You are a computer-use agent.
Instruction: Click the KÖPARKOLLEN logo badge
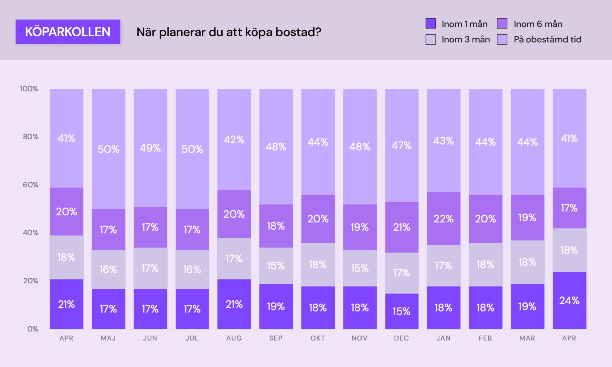[x=68, y=32]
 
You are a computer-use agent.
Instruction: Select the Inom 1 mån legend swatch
[x=431, y=24]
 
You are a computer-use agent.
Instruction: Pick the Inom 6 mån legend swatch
[x=502, y=24]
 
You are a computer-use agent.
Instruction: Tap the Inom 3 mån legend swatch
[x=431, y=39]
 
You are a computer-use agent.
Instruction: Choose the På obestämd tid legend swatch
[x=502, y=39]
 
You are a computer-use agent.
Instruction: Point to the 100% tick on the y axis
[x=29, y=89]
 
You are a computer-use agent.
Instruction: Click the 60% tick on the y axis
[x=30, y=185]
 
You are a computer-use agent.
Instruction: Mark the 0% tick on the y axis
[x=33, y=329]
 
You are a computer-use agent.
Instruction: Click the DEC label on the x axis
[x=401, y=338]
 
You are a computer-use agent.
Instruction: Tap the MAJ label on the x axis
[x=108, y=338]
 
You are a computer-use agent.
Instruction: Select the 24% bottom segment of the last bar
[x=569, y=300]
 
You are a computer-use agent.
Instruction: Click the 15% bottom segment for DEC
[x=401, y=311]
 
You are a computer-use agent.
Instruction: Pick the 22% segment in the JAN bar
[x=443, y=219]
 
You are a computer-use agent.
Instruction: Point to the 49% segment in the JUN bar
[x=150, y=148]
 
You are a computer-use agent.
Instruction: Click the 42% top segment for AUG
[x=234, y=139]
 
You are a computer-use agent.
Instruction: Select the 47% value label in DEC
[x=401, y=145]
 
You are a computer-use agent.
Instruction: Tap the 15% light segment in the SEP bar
[x=276, y=265]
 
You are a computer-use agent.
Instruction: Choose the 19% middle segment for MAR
[x=527, y=217]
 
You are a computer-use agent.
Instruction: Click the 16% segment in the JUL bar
[x=192, y=269]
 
